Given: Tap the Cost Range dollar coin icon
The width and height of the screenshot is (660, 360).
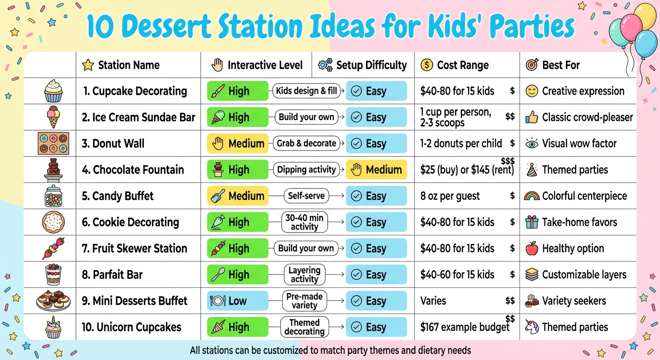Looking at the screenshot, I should point(427,65).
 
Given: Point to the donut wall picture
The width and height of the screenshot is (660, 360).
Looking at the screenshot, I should point(53,143).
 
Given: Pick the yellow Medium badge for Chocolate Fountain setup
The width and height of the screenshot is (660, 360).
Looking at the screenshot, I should point(376,170).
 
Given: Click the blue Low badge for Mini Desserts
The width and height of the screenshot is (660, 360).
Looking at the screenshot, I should point(237,301).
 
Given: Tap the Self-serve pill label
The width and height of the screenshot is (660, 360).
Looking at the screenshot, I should point(307,196).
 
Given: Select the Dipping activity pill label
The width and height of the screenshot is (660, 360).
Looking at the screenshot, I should point(307,170).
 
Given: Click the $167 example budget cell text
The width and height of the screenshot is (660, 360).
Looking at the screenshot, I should point(465,327).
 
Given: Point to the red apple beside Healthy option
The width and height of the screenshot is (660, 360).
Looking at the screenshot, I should point(532,248).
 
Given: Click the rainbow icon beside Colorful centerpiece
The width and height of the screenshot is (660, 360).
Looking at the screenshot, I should point(532,196).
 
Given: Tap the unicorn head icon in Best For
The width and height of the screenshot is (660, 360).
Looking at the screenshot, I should point(532,327).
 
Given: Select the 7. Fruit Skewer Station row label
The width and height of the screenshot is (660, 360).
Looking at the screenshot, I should point(135,248).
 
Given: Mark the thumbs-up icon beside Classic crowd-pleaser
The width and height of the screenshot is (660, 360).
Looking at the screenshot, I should point(532,117).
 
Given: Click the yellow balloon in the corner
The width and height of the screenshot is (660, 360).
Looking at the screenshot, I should point(645,16).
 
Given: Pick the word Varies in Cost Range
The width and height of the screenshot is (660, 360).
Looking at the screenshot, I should point(433,301).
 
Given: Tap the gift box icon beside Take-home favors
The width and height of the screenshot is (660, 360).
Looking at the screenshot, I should point(532,222).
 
